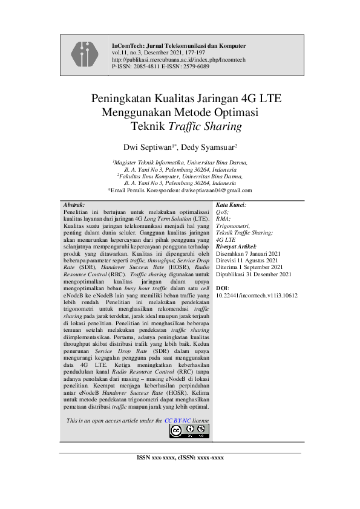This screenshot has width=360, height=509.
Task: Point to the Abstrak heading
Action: coord(74,206)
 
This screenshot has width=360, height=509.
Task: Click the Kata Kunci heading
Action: coord(231,206)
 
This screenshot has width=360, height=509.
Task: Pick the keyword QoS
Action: coord(223,213)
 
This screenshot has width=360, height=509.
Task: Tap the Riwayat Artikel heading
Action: coord(237,246)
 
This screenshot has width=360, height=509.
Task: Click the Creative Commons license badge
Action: coord(189,430)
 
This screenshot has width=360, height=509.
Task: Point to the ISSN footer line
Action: coord(181,458)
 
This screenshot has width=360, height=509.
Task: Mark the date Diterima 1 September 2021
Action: coord(249,267)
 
